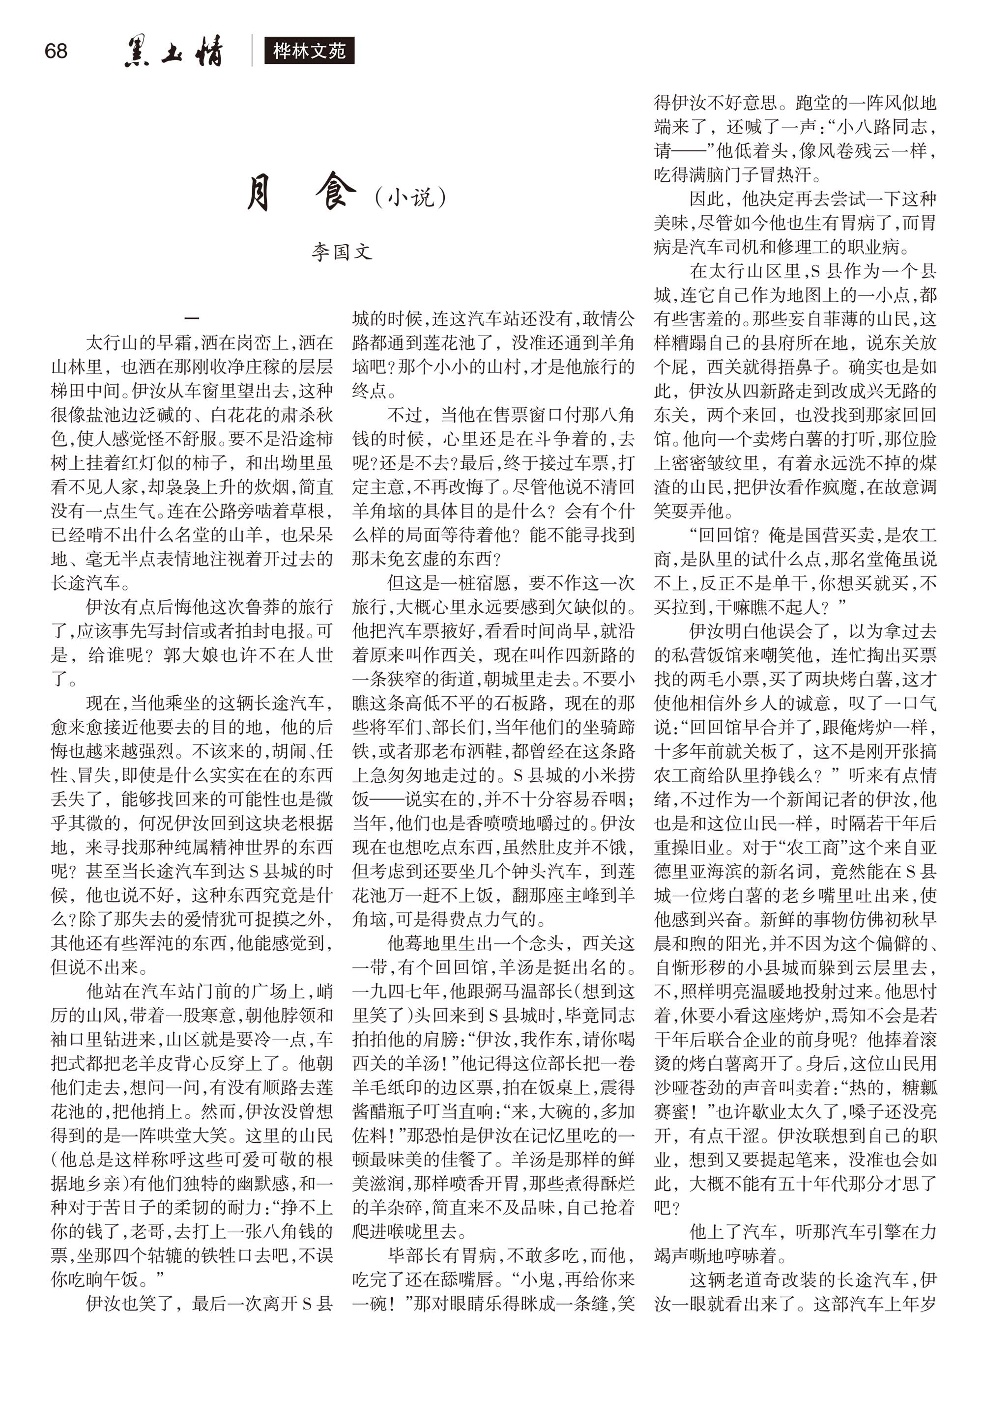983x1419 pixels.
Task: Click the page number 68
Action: [x=56, y=51]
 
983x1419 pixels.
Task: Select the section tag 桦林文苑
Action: [x=309, y=51]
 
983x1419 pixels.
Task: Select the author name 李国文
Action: [x=341, y=253]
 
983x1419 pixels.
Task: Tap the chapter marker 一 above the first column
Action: [x=192, y=318]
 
